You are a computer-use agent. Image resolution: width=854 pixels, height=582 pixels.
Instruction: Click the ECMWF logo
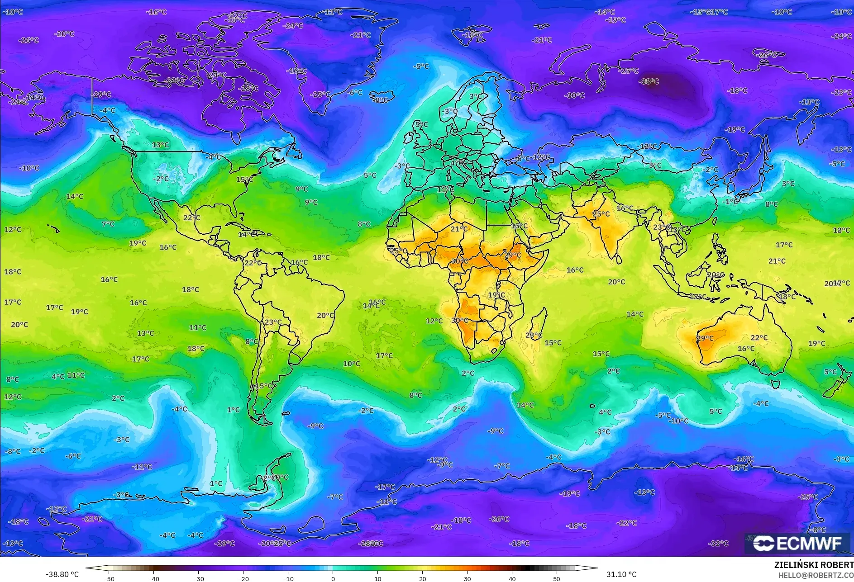(x=797, y=543)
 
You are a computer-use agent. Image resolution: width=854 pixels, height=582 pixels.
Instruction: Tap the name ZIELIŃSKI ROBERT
(x=813, y=565)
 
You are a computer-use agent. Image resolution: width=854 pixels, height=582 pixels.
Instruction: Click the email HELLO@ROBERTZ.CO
(x=816, y=575)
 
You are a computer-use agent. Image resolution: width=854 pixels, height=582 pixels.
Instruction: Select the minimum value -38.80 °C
(x=62, y=574)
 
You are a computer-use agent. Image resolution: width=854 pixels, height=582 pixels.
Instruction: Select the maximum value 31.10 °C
(x=621, y=574)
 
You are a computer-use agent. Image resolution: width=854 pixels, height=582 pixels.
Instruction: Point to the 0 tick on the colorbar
(x=333, y=578)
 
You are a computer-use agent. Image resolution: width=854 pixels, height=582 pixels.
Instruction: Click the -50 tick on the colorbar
(x=109, y=578)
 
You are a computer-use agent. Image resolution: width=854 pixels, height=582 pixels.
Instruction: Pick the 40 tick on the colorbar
(x=512, y=578)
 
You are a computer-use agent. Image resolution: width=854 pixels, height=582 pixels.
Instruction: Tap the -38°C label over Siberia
(x=649, y=81)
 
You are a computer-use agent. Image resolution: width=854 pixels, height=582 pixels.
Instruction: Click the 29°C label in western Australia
(x=705, y=338)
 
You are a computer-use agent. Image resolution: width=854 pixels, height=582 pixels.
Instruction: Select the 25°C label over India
(x=601, y=214)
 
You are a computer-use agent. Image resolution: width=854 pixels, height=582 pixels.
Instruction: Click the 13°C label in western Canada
(x=160, y=145)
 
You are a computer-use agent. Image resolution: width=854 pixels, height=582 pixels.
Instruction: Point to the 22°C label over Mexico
(x=191, y=218)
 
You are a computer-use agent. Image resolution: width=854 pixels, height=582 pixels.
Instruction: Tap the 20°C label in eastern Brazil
(x=325, y=315)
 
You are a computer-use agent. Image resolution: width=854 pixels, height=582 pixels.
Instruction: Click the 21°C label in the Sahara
(x=458, y=229)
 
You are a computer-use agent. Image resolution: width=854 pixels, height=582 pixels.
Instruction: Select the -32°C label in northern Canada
(x=175, y=80)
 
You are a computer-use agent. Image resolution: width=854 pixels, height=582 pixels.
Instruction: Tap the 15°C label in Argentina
(x=264, y=386)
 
